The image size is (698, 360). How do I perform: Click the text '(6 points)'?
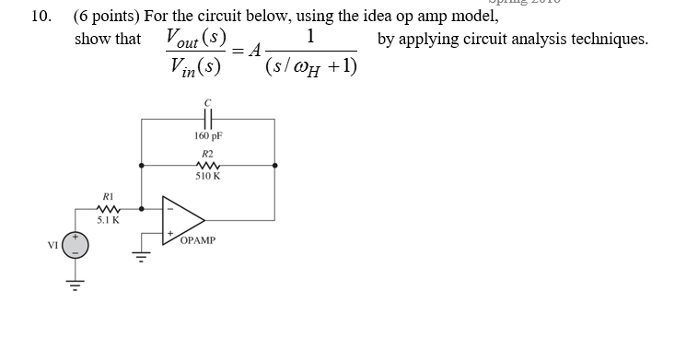click(107, 16)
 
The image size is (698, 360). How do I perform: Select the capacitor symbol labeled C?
click(207, 120)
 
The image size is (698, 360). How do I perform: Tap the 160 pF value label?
click(208, 136)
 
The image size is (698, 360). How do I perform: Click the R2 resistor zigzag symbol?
click(207, 166)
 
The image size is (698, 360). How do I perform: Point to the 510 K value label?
click(208, 176)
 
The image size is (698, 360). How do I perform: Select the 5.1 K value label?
click(108, 221)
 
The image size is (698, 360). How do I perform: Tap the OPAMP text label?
click(198, 240)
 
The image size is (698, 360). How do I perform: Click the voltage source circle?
click(76, 245)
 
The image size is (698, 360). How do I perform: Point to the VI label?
click(53, 245)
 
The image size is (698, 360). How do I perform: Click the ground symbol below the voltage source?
click(76, 282)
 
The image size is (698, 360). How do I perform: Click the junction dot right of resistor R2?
click(274, 167)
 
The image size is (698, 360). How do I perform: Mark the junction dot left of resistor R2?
click(141, 167)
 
